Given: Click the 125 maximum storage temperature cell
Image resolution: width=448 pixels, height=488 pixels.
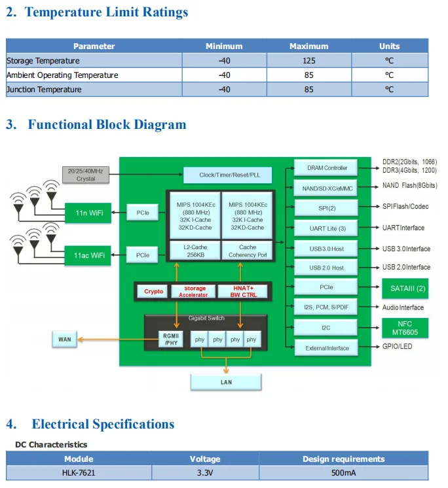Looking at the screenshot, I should tap(308, 61).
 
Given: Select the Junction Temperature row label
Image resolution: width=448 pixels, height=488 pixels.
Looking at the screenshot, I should tap(44, 90).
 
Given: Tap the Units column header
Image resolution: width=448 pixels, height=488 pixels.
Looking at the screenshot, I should tap(389, 46).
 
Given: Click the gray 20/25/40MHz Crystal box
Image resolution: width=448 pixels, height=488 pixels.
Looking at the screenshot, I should tap(85, 175).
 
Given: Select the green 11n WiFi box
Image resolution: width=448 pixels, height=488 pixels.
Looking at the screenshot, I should tap(88, 212).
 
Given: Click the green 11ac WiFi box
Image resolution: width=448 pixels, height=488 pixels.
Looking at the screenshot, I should tap(88, 254).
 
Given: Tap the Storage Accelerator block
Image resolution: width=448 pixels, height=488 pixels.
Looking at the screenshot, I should tap(195, 291).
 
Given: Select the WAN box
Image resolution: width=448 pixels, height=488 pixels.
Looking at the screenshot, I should tap(65, 340).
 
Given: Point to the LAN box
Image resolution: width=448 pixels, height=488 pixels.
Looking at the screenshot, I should tap(225, 382).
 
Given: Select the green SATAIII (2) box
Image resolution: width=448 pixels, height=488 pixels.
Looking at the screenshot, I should tap(405, 287).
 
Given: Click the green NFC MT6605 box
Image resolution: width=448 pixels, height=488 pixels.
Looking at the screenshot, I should tap(405, 327).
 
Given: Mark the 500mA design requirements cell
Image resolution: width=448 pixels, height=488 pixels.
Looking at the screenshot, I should tap(344, 473).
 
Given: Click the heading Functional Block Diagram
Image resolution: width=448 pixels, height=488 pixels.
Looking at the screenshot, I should tap(107, 124).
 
